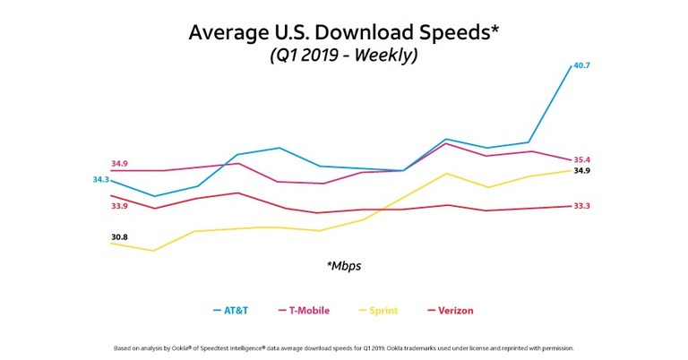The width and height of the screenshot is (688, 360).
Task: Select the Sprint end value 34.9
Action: tap(581, 170)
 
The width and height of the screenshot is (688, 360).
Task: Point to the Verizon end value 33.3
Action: tap(581, 206)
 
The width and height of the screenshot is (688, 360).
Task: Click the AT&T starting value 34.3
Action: tap(101, 179)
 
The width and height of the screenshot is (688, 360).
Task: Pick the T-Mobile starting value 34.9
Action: tap(119, 164)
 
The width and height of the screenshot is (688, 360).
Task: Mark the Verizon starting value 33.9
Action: tap(119, 206)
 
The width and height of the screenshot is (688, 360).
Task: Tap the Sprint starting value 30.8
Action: tap(119, 237)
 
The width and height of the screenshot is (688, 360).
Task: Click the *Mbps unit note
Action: tap(344, 266)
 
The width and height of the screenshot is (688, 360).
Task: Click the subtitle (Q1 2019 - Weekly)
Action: tap(344, 56)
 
